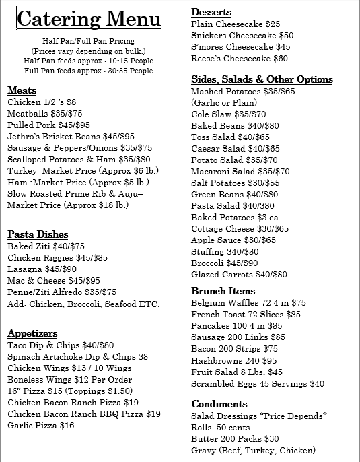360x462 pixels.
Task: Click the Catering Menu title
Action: point(89,19)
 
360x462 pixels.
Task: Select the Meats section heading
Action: point(22,90)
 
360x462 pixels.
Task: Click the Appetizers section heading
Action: point(32,333)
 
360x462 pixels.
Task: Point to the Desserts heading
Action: point(211,12)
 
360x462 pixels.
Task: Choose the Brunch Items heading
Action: point(223,291)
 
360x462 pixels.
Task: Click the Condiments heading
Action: point(219,404)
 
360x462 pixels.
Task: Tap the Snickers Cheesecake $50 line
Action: point(242,36)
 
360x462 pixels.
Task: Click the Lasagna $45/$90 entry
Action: point(42,269)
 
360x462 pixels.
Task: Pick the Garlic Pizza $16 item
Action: point(40,426)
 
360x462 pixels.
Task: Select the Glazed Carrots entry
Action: point(239,275)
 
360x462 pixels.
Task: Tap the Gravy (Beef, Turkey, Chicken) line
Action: point(253,451)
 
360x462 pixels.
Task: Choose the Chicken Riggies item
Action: point(57,258)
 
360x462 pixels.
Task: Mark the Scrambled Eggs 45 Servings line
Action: point(258,384)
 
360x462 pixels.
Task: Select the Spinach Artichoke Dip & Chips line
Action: point(77,357)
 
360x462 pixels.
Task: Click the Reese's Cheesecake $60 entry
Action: point(240,59)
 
